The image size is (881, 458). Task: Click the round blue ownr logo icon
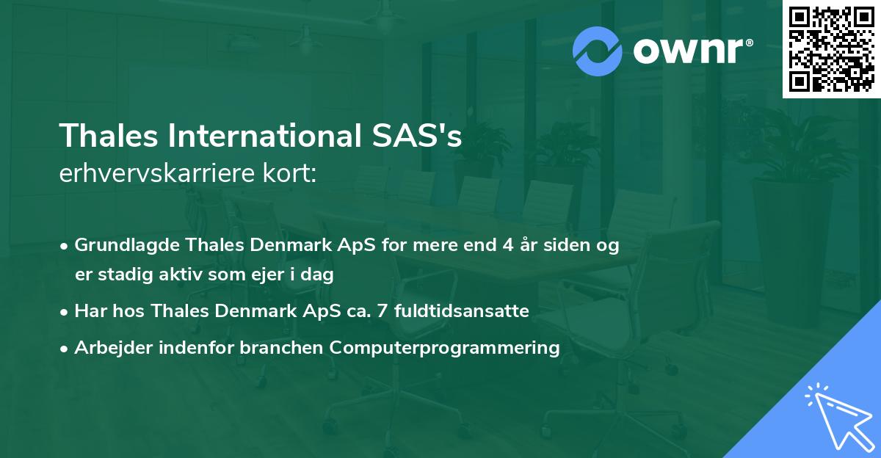598,51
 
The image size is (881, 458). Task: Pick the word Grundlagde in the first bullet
120,245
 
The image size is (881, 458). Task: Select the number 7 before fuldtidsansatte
382,311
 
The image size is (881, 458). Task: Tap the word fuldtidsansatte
461,311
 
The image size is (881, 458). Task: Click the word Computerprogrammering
444,348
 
